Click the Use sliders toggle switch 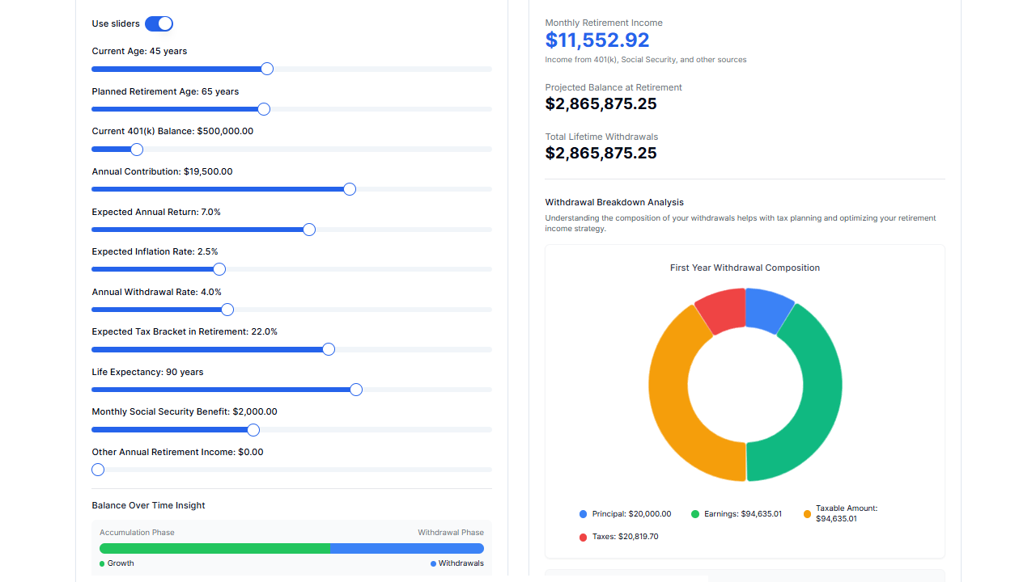[x=159, y=23]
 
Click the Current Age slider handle [x=267, y=69]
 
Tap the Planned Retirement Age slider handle [x=263, y=109]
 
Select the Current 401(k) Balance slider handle [x=137, y=150]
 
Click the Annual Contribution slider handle [x=350, y=189]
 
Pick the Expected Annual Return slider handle [x=308, y=230]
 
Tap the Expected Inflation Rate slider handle [x=219, y=269]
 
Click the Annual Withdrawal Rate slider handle [x=227, y=310]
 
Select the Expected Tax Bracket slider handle [x=329, y=349]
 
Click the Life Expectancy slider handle [x=356, y=390]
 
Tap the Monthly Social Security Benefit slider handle [x=253, y=429]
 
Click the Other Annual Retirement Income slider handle [x=98, y=470]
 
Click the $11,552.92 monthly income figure [x=597, y=40]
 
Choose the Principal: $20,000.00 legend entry [x=625, y=514]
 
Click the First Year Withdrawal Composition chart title [x=745, y=268]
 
